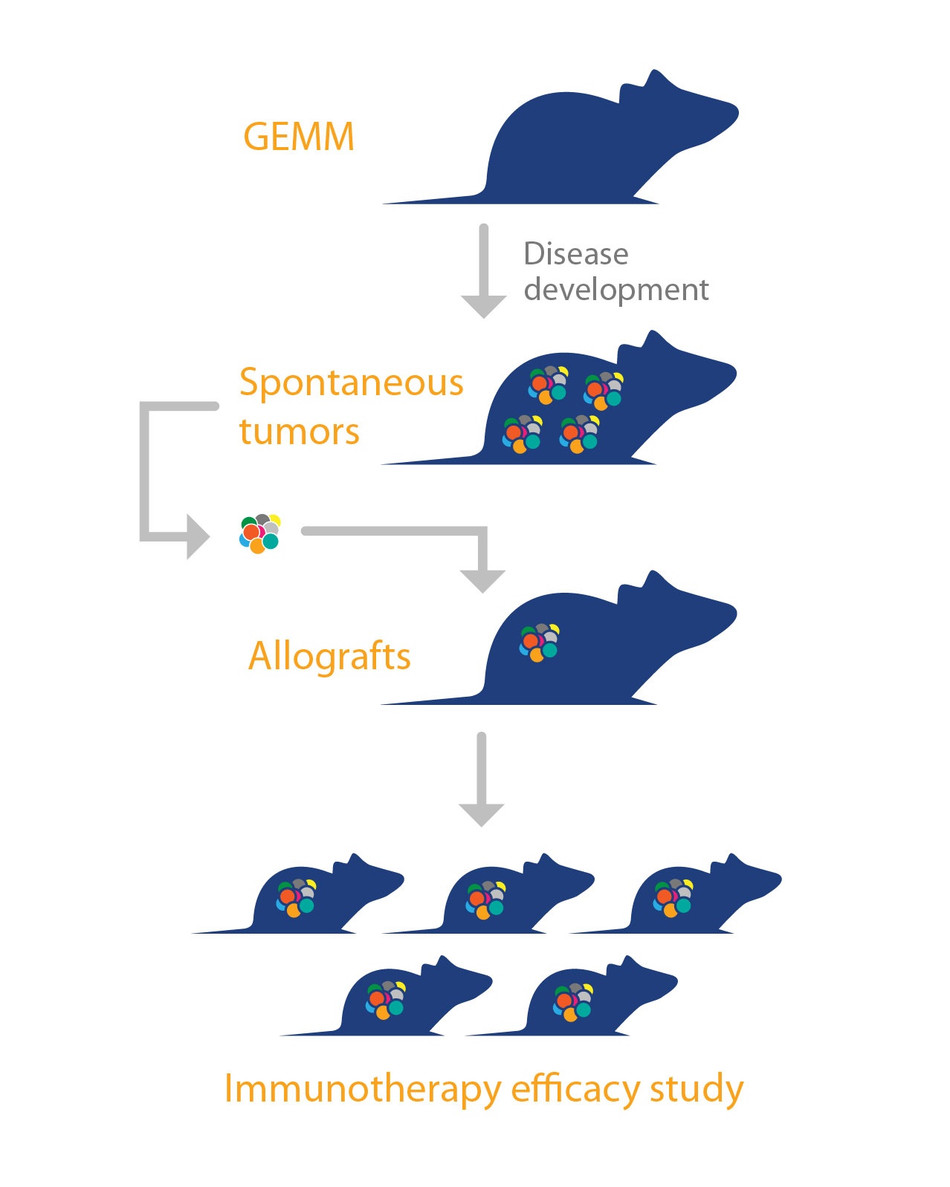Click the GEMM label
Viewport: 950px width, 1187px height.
299,137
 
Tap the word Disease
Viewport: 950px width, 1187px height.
576,254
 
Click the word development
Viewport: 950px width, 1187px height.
616,290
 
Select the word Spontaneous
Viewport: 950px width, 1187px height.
351,383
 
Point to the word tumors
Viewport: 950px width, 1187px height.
299,432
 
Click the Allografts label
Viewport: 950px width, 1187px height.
329,657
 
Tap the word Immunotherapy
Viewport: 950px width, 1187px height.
363,1089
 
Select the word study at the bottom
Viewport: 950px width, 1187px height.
697,1089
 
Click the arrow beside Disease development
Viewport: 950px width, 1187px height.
484,271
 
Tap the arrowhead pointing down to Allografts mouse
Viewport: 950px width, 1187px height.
483,580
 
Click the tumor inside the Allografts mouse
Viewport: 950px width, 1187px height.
540,643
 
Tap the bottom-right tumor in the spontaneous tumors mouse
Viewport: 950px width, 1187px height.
580,434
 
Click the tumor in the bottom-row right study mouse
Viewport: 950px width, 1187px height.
574,1001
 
